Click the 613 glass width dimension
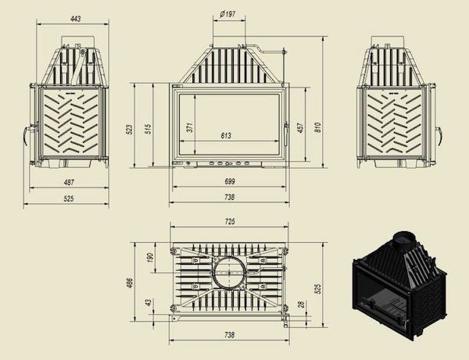click(x=226, y=136)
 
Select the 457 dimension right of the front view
click(x=300, y=128)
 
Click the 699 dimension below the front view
click(x=229, y=181)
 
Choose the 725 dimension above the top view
click(x=229, y=223)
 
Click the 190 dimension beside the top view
click(x=150, y=258)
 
